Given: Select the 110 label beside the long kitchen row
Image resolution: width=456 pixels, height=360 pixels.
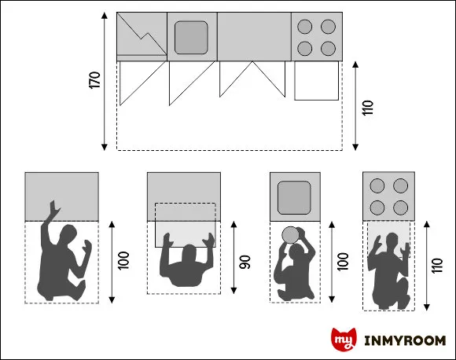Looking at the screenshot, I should click(367, 107).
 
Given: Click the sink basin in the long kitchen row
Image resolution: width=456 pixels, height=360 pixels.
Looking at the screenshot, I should click(191, 37).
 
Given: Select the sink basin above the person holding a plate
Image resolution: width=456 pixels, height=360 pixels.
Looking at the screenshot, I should click(295, 197).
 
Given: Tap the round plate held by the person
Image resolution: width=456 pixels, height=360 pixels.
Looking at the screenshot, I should click(289, 234).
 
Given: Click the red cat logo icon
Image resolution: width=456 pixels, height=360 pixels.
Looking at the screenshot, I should click(343, 340).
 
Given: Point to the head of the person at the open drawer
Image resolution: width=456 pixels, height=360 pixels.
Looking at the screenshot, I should click(189, 254).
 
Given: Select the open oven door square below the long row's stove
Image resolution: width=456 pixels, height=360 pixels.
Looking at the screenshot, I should click(315, 82).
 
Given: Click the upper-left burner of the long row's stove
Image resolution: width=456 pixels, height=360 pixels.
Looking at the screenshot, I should click(305, 27).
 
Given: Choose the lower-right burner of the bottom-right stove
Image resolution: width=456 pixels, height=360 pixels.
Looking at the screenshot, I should click(401, 208).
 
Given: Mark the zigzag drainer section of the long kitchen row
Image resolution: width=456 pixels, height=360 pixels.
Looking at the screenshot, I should click(142, 36).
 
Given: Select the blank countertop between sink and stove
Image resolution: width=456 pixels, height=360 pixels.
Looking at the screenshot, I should click(253, 36).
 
